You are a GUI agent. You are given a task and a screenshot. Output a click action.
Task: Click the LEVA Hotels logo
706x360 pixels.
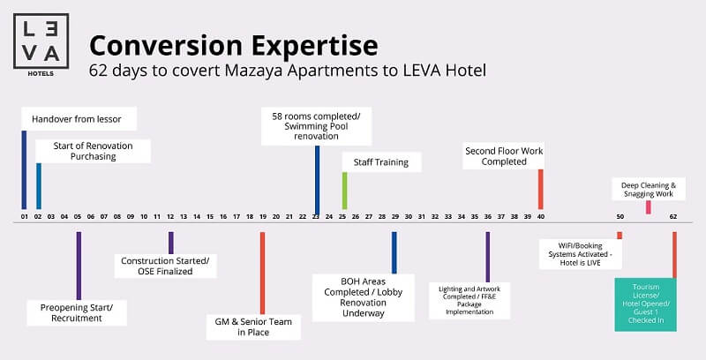coord(41,44)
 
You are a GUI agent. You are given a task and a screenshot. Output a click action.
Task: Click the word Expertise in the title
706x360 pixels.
coord(315,46)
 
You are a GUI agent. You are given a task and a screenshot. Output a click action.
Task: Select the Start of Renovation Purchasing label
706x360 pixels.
coord(94,151)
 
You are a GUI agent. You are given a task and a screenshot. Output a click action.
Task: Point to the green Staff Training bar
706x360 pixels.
coord(344,191)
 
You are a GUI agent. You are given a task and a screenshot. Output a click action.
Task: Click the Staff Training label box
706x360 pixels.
coord(381,162)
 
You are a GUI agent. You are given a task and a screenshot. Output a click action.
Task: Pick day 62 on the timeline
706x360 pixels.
coord(673,216)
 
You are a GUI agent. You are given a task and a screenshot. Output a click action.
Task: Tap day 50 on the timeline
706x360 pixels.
coord(620,216)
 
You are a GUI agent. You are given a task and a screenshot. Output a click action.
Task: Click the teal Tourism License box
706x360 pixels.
coord(646,304)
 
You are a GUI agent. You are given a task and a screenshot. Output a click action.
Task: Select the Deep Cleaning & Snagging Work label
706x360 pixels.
coord(649,190)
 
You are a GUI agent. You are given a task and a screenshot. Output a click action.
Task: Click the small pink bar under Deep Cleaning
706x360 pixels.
coord(649,207)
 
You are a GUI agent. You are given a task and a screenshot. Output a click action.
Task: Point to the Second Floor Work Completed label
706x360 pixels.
coord(504,156)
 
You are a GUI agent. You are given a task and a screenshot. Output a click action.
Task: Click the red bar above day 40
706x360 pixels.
coord(541,190)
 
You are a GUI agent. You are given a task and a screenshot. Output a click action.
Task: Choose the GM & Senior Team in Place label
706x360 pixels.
coord(253,327)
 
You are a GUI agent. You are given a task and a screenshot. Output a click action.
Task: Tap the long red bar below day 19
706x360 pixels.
coord(262,274)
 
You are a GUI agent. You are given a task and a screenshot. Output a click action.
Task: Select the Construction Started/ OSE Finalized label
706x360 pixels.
coord(165,266)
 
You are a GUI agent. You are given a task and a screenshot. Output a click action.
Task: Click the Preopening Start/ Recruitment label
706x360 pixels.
coord(77,312)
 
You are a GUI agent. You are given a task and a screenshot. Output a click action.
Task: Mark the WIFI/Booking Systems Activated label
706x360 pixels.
coord(581,254)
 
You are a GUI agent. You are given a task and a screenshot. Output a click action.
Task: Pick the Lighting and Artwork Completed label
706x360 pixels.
coord(469,301)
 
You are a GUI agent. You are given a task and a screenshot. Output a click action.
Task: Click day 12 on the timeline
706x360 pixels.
coord(170,216)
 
